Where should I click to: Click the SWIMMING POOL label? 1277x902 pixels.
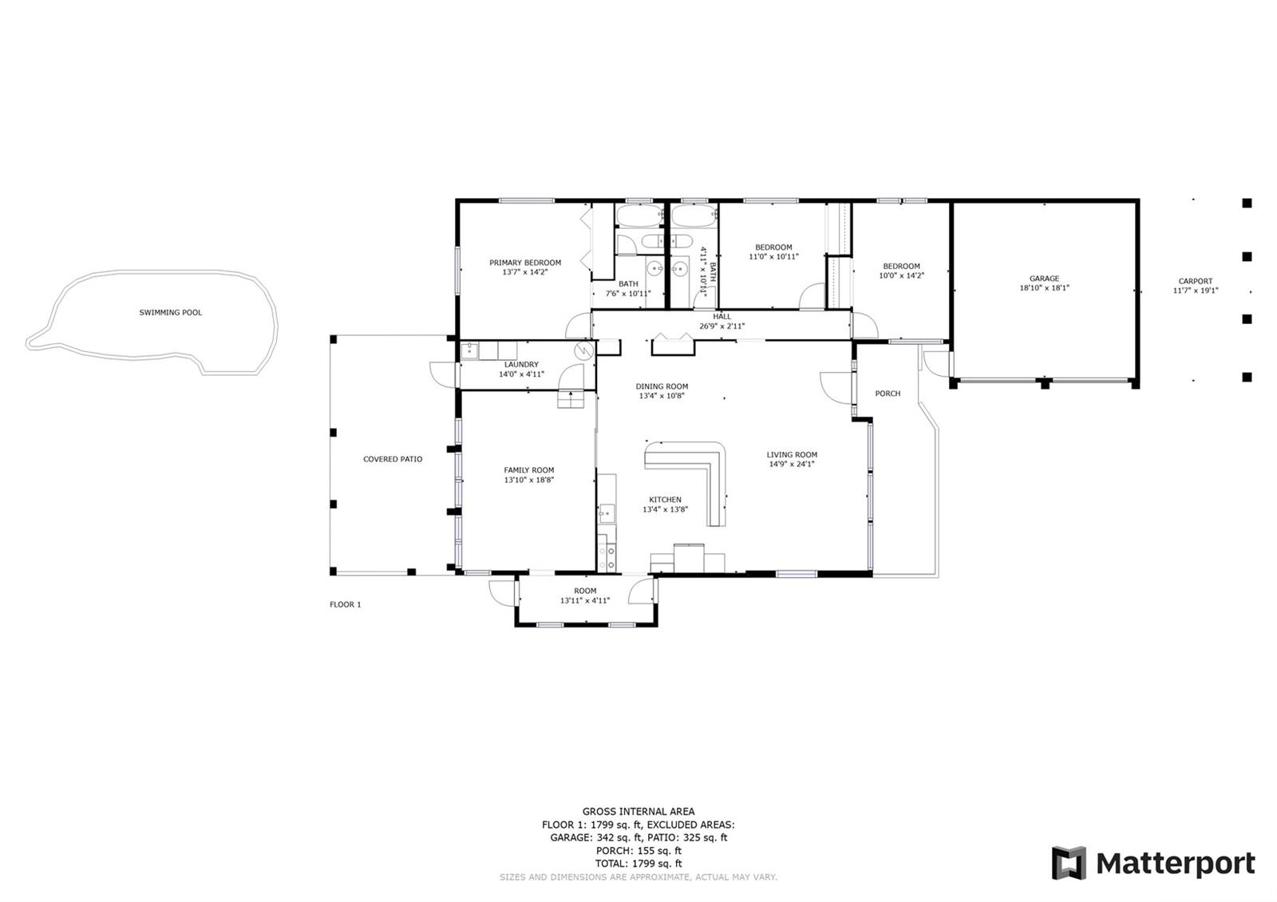pos(171,312)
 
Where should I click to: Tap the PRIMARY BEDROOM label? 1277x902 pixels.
pos(525,263)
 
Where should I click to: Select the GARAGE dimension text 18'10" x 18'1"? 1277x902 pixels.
pos(1045,288)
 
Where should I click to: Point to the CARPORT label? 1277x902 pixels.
pos(1196,281)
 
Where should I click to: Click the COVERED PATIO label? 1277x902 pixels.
pos(393,459)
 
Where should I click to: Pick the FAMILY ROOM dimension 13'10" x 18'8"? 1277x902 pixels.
pos(529,480)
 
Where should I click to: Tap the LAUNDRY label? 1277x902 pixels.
pos(521,365)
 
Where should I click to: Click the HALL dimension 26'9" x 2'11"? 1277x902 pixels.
pos(722,326)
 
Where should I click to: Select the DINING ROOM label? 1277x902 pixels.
pos(662,386)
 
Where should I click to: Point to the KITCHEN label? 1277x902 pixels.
pos(666,500)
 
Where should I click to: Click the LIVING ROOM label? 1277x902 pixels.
pos(792,455)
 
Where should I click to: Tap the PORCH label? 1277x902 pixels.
pos(888,394)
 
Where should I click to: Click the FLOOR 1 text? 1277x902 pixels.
pos(346,604)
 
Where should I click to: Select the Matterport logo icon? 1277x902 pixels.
pos(1069,863)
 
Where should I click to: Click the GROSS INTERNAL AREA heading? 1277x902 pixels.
pos(638,811)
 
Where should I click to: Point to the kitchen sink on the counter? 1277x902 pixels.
pos(607,514)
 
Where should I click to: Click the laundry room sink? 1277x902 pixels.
pos(469,350)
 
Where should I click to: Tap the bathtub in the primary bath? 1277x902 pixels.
pos(638,216)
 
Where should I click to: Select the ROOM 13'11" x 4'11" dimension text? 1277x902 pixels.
pos(585,600)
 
